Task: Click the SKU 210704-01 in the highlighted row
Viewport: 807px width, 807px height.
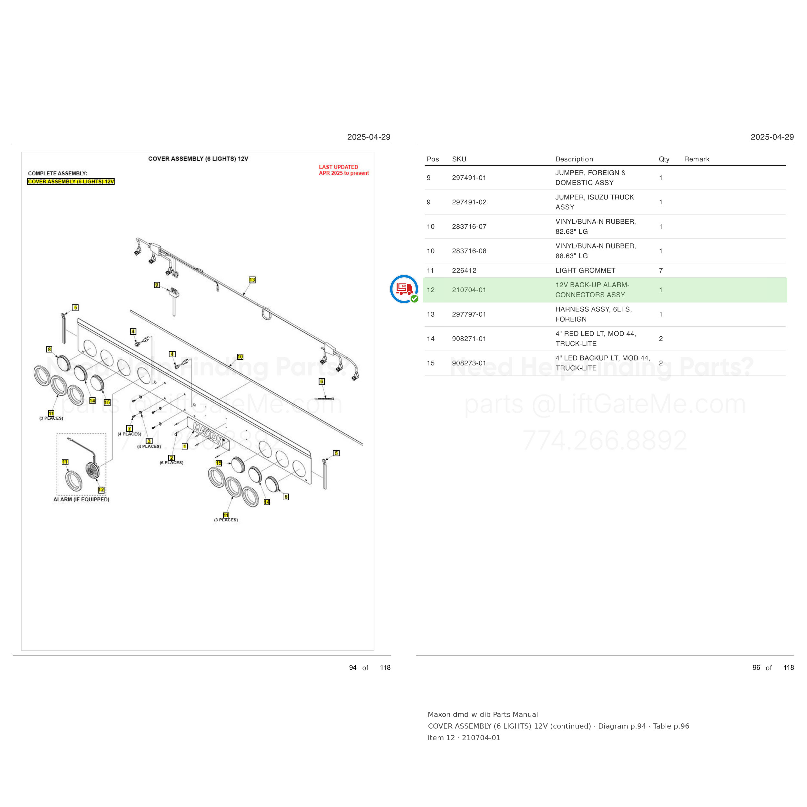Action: [469, 290]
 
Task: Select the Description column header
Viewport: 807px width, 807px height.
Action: [574, 159]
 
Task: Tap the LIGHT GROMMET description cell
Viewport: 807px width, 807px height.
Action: [585, 270]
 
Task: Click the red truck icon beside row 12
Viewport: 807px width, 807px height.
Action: [404, 289]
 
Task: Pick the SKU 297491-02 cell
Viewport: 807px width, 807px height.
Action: [469, 202]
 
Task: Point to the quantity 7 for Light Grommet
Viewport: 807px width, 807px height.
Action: [661, 270]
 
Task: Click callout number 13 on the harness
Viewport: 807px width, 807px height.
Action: [252, 280]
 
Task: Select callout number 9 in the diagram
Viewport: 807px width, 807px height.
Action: [157, 285]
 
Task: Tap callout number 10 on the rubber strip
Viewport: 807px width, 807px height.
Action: [240, 357]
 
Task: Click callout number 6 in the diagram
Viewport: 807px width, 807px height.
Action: [321, 381]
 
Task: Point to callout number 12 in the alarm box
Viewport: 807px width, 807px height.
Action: [101, 490]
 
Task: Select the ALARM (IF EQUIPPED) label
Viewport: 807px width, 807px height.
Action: [81, 499]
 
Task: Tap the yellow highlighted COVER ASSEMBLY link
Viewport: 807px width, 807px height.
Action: [71, 181]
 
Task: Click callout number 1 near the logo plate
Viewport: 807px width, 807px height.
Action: [185, 446]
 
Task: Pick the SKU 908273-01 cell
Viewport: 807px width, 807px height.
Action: [469, 363]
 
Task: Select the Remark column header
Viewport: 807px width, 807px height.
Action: [696, 159]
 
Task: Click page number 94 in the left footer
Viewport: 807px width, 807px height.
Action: [352, 668]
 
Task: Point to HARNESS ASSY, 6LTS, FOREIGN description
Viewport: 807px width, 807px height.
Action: [593, 314]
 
